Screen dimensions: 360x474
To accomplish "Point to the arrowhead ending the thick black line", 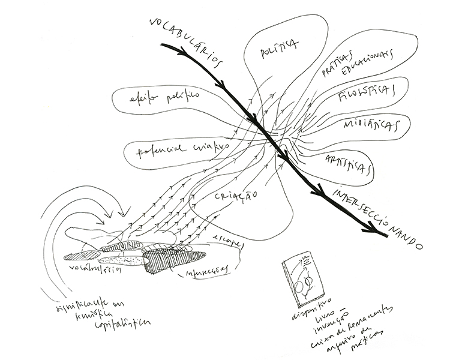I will click(377, 231).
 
